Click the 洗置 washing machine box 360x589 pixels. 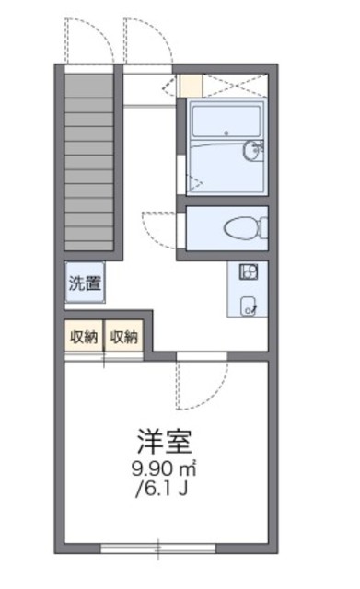[x=84, y=283]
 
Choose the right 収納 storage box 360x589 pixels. [x=124, y=337]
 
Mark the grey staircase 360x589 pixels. [x=90, y=160]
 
